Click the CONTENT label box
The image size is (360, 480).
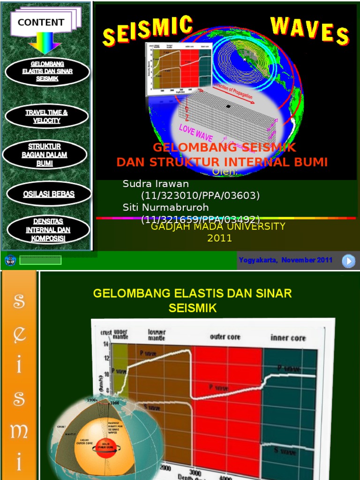(41, 22)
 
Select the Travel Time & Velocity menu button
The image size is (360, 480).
(46, 116)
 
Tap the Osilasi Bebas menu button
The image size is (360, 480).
(49, 194)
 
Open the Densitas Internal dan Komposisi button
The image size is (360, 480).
(48, 230)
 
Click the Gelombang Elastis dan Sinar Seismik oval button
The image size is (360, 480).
(47, 71)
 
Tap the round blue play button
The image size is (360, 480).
(348, 261)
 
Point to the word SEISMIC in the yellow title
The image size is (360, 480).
(148, 31)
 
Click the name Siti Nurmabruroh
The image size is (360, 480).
(165, 207)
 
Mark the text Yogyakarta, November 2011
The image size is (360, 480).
(285, 260)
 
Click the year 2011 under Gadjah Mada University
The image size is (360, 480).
(219, 238)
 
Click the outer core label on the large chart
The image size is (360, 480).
(225, 337)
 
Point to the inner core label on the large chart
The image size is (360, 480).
(288, 337)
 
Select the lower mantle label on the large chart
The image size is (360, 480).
(157, 335)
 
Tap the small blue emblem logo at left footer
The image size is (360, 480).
(10, 260)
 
